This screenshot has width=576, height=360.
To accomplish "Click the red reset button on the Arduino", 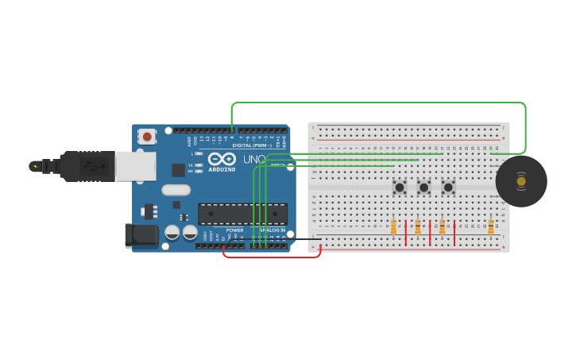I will [x=147, y=137].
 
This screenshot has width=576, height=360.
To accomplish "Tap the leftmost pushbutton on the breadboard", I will [x=400, y=188].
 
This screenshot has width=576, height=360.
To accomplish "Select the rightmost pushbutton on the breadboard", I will [x=448, y=188].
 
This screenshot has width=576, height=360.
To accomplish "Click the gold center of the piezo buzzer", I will [x=521, y=181].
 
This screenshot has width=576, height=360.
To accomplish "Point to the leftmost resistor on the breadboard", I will [x=393, y=228].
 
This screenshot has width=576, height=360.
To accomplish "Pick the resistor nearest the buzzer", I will [x=490, y=228].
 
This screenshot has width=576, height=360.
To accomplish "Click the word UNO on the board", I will [x=253, y=159].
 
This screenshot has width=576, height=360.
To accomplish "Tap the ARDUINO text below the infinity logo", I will [x=222, y=169].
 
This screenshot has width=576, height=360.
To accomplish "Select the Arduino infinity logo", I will [x=222, y=159].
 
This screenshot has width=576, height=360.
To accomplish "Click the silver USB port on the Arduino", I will [x=135, y=166].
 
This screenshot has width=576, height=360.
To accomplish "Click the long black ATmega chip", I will [x=242, y=214].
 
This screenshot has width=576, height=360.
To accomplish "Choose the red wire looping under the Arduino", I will [x=270, y=256].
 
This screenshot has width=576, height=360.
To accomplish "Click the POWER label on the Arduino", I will [x=234, y=230].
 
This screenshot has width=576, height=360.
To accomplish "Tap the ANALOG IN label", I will [x=273, y=230].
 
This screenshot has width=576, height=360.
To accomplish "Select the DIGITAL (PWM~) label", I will [x=253, y=145].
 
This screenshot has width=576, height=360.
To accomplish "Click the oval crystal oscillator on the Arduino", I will [x=176, y=190].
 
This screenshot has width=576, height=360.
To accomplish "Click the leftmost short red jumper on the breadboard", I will [x=406, y=233].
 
